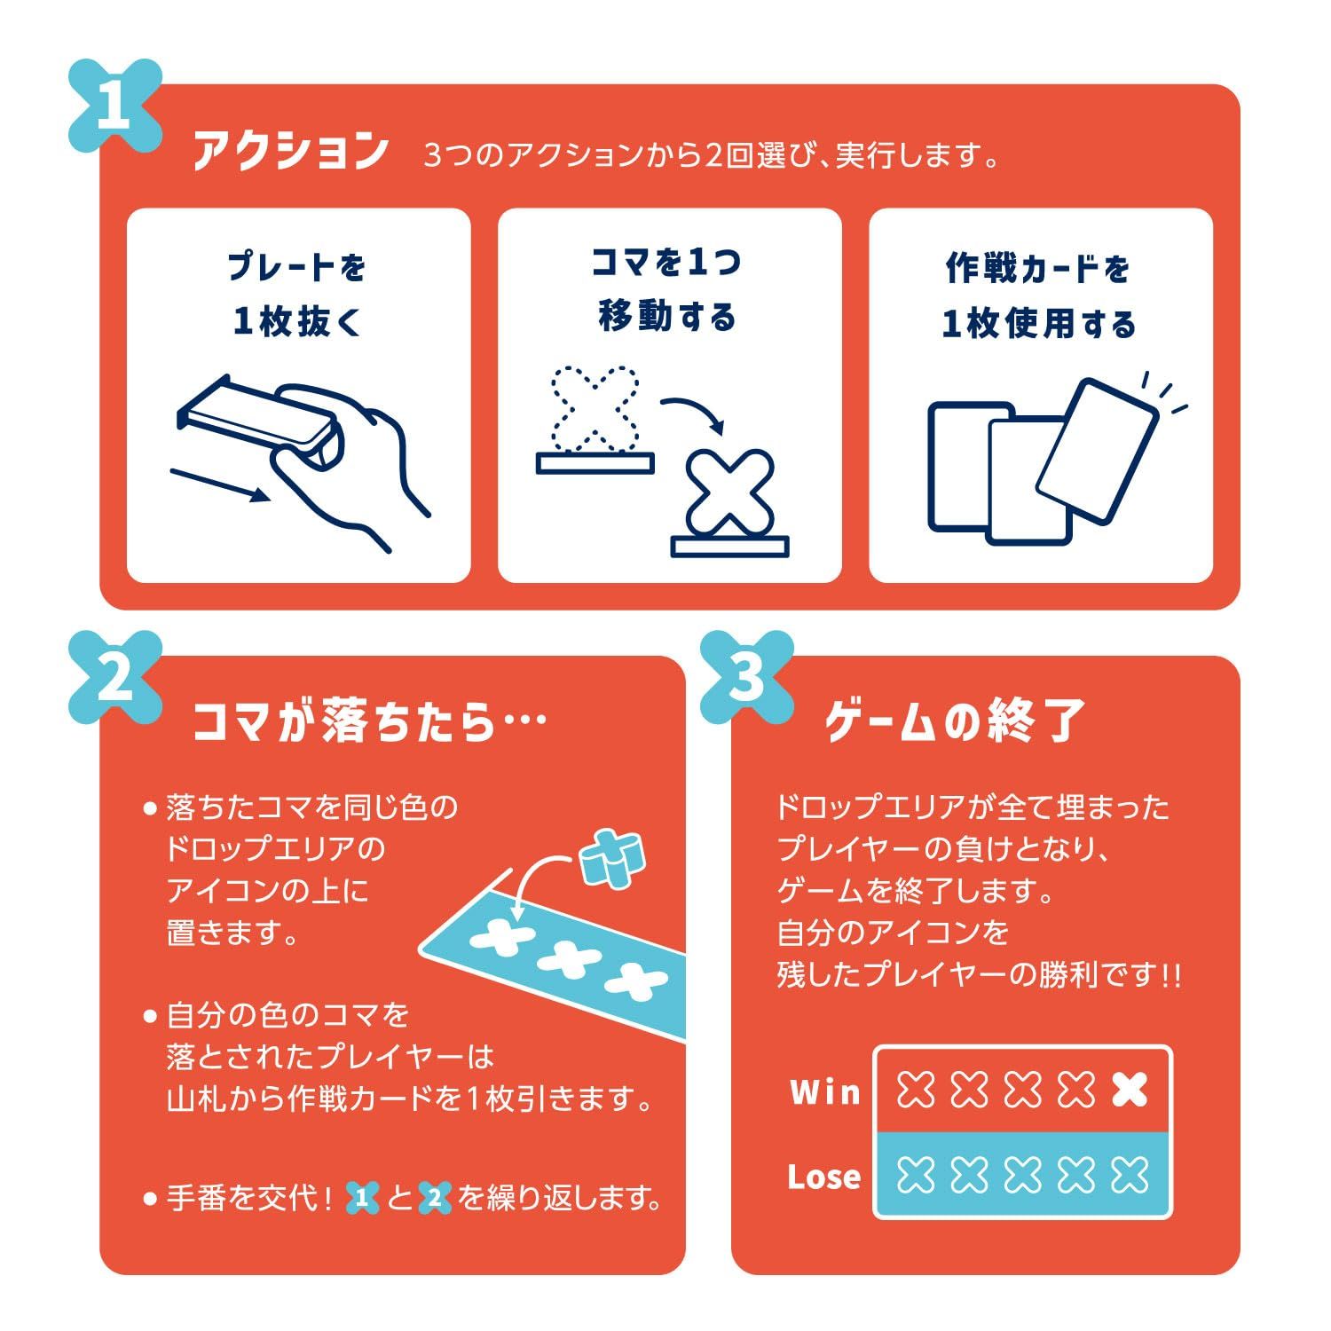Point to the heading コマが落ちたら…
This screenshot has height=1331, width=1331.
click(368, 721)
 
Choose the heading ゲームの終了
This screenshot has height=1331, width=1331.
click(955, 721)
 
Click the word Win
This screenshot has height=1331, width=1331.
click(824, 1091)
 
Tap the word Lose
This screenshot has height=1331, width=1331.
click(823, 1177)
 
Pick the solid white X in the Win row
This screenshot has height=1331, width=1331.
click(1130, 1089)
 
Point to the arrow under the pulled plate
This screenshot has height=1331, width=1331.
click(219, 484)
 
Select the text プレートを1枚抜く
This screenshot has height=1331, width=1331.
click(297, 294)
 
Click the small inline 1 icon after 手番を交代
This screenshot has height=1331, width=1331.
click(362, 1199)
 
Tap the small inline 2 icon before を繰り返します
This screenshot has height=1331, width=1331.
click(434, 1199)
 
